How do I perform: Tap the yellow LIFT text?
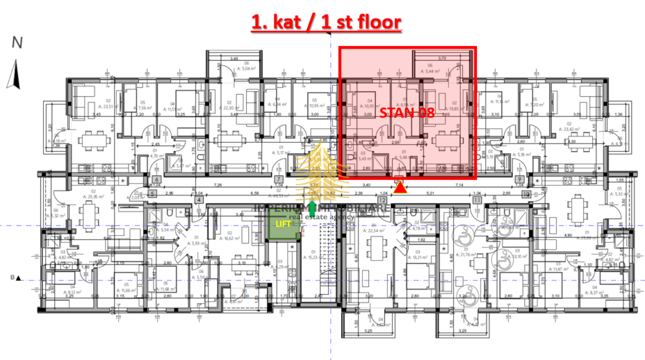coord(283,223)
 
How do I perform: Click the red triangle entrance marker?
coord(400,188)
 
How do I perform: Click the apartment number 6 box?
coord(156,180)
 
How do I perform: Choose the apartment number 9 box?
coord(519,180)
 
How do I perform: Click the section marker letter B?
coord(12,278)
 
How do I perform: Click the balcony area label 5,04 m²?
coord(238,69)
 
